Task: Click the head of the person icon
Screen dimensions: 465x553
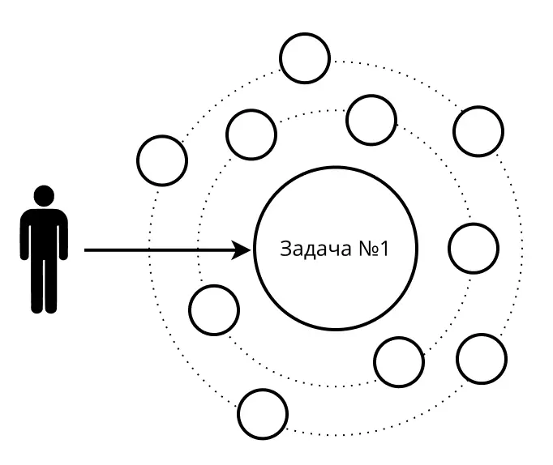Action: coord(44,195)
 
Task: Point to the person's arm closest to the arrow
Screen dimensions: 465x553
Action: coord(63,235)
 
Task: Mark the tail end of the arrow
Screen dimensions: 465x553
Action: coord(87,250)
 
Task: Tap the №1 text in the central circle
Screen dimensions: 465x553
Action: coord(373,249)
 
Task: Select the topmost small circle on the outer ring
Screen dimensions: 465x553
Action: coord(304,58)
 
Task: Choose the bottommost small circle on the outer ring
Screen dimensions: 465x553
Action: coord(264,414)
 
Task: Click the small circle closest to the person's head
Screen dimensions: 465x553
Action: coord(162,160)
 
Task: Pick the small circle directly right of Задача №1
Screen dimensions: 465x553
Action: coord(473,249)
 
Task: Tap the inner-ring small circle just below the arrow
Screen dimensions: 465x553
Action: coord(214,309)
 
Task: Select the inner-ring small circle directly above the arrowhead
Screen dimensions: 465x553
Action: coord(251,134)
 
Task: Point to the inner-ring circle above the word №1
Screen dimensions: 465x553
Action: coord(371,119)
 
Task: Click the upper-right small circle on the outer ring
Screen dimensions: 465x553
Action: coord(478,130)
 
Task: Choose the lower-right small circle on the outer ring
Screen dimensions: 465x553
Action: coord(482,357)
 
